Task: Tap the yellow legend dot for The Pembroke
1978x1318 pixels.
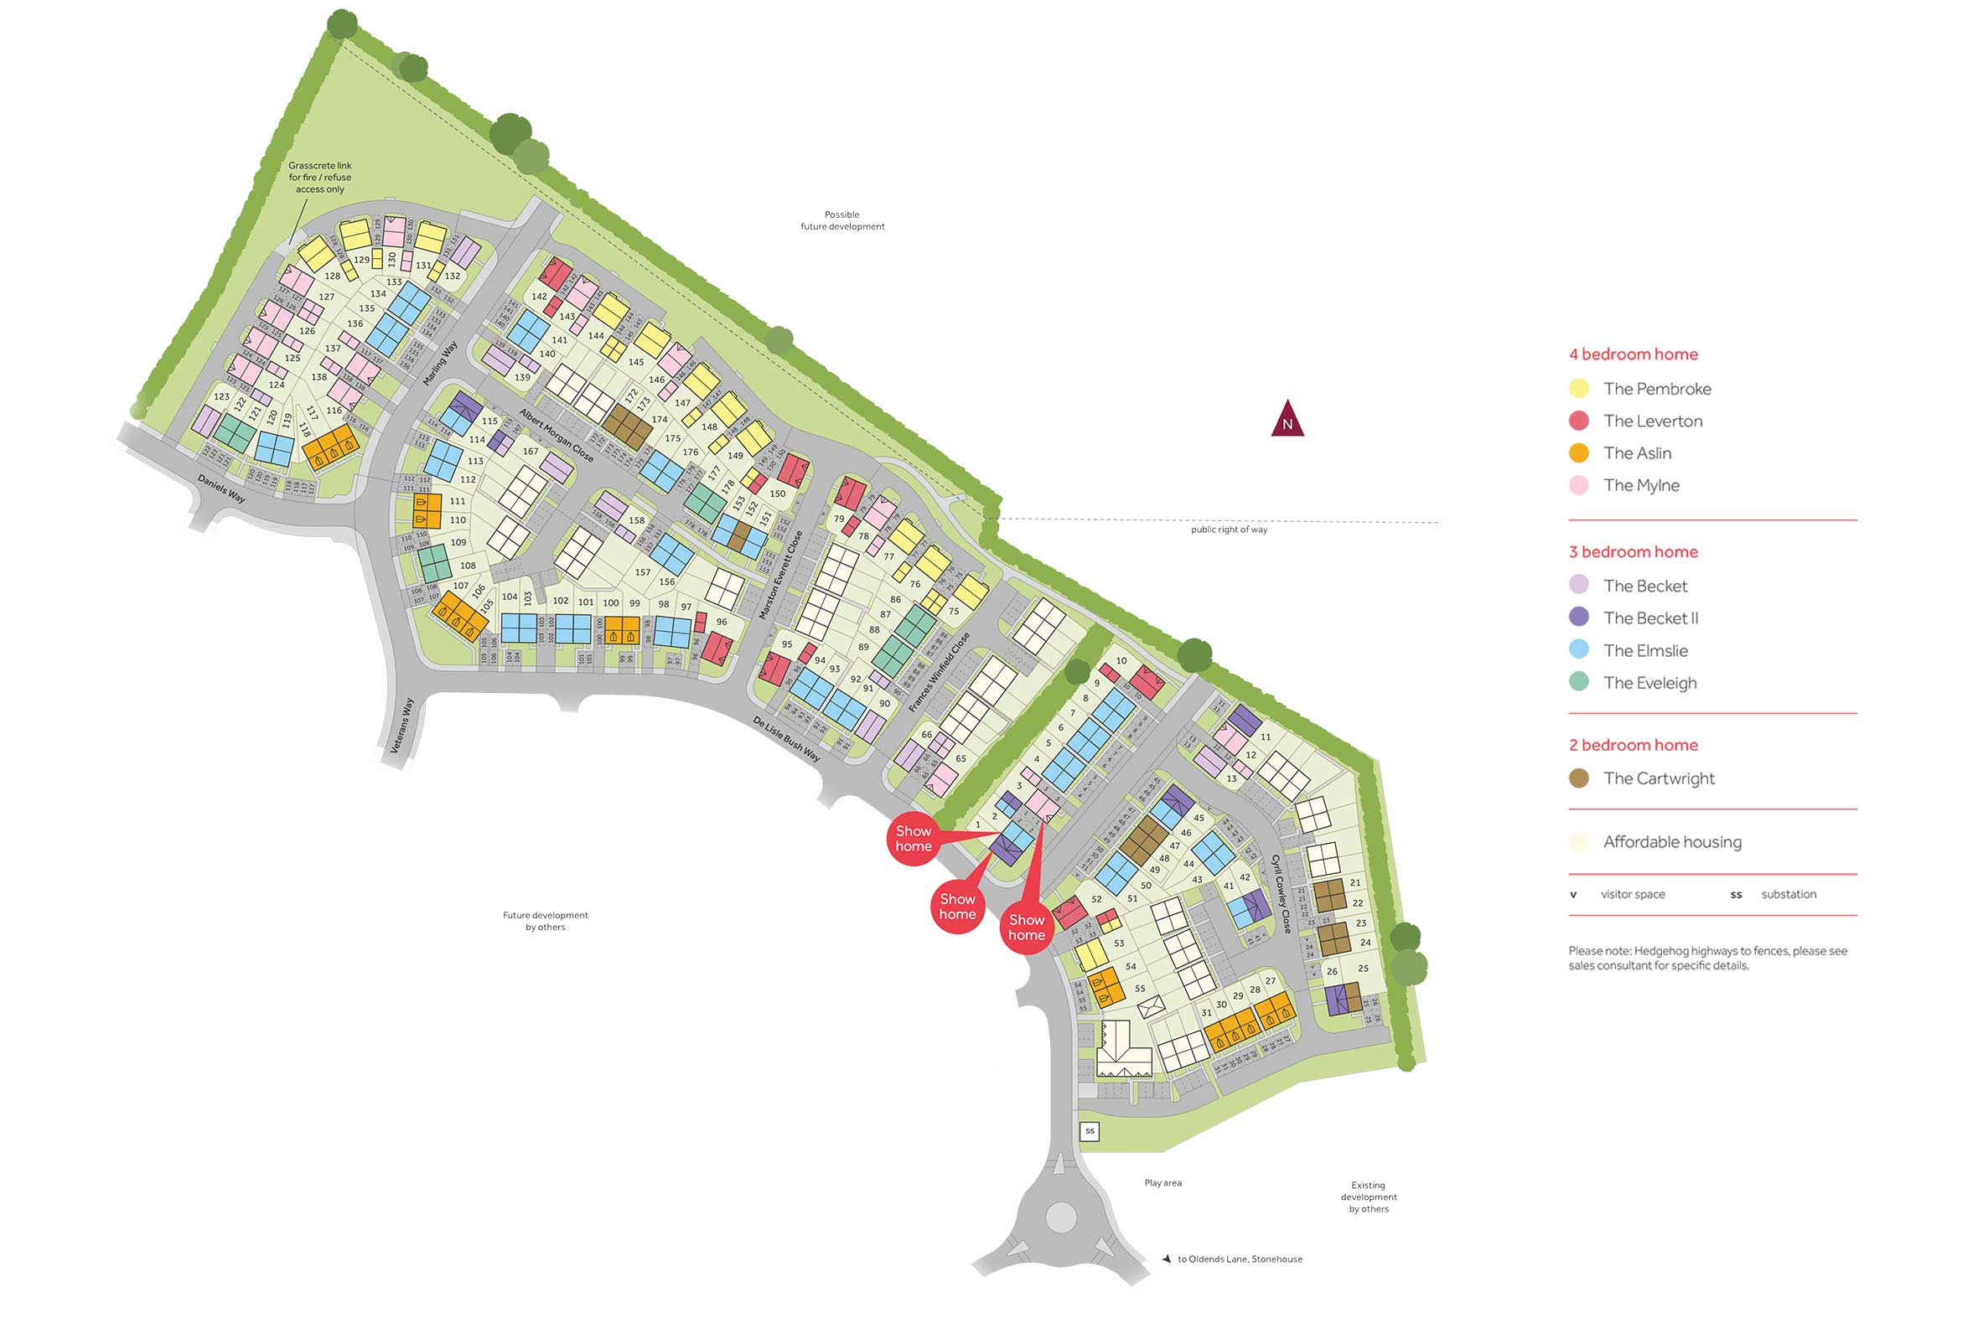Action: [1579, 388]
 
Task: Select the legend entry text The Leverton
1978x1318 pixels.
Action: [1652, 421]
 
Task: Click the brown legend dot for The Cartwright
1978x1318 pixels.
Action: [1579, 778]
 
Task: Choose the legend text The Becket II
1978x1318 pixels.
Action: [1650, 618]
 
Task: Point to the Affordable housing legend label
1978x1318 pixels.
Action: [1671, 842]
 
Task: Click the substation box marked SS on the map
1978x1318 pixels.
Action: [1090, 1130]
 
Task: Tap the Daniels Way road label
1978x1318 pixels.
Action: [221, 489]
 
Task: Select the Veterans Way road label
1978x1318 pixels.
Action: [402, 725]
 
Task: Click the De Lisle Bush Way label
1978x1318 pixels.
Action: [786, 739]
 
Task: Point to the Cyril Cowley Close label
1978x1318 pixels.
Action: [1281, 893]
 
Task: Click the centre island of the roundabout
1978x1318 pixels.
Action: [1061, 1217]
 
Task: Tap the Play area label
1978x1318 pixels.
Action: [1162, 1182]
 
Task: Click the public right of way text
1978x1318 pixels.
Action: [1228, 530]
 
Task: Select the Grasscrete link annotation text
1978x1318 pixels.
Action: [319, 178]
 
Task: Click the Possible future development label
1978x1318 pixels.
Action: [842, 220]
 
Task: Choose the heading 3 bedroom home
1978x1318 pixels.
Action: [1633, 552]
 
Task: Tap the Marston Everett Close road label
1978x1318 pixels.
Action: [781, 575]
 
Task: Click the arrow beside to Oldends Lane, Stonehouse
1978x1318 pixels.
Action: [1166, 1259]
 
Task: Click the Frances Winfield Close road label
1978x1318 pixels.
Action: [939, 673]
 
